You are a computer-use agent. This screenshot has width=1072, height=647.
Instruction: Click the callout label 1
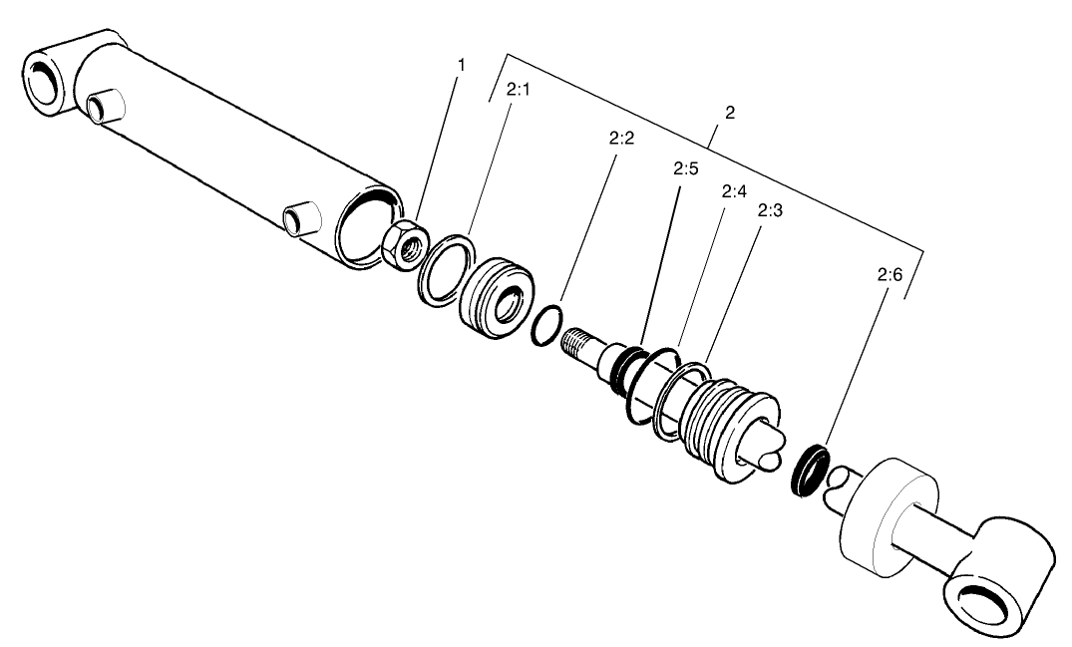click(x=461, y=65)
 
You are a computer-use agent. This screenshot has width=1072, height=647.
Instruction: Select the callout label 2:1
click(x=518, y=90)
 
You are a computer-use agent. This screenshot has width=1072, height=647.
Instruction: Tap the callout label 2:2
click(x=621, y=138)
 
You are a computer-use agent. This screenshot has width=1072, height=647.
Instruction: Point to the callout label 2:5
click(x=684, y=169)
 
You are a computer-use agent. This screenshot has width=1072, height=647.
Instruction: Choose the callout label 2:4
click(x=733, y=190)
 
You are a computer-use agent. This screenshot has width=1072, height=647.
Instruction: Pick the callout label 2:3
click(x=769, y=210)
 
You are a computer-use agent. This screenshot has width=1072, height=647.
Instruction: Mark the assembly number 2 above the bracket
click(x=730, y=113)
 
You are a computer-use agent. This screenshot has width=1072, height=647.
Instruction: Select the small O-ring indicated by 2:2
click(x=545, y=327)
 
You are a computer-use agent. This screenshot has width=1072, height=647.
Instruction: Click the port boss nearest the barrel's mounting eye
click(x=103, y=106)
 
